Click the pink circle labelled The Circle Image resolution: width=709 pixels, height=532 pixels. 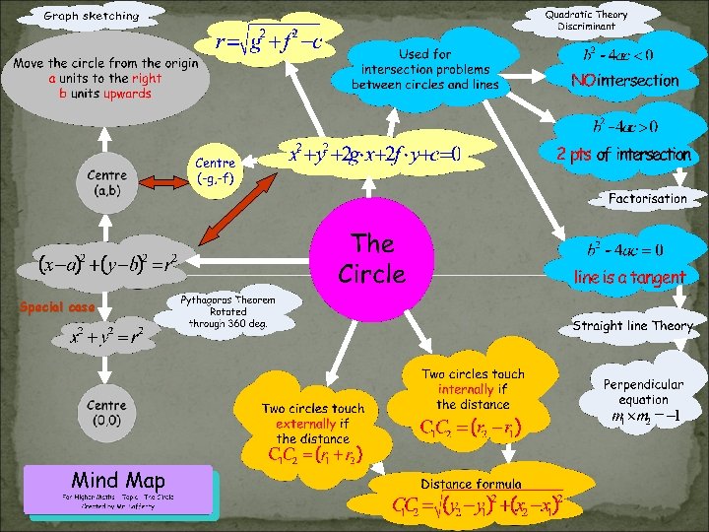[371, 258]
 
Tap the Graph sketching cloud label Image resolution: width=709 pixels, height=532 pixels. [92, 16]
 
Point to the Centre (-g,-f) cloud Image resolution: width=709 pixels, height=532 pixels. [216, 170]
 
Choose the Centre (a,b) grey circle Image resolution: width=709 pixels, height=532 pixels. [105, 183]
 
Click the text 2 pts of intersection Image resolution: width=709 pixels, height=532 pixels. [623, 156]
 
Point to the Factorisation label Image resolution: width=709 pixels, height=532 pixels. [647, 199]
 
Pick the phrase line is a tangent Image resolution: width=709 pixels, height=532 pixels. [629, 278]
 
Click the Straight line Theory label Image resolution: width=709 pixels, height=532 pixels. [632, 325]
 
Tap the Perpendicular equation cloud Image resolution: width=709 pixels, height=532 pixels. [643, 393]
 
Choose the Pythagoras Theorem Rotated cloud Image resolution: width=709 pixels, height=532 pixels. [226, 310]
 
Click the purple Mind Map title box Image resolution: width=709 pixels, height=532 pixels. [118, 489]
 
